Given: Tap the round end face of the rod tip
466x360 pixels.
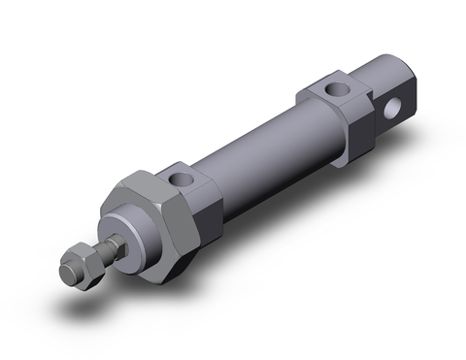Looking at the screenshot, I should coord(68,262).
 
